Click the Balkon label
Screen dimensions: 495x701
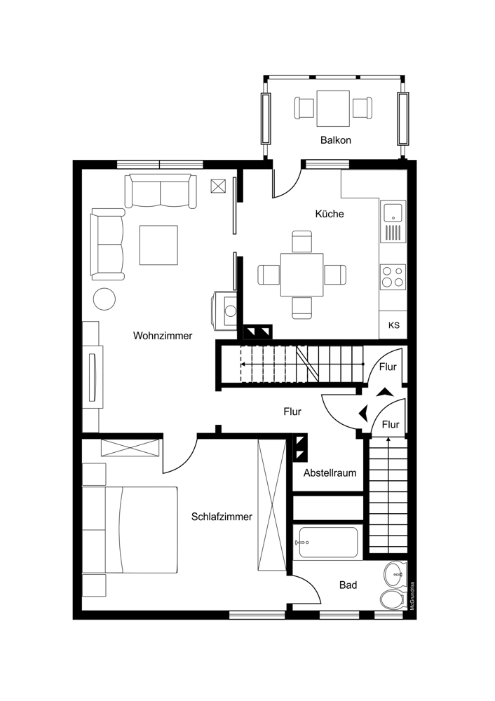[x=335, y=140]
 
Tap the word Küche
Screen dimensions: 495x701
[x=330, y=214]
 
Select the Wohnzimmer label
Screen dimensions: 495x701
[x=163, y=335]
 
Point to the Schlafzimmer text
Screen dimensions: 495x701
[x=222, y=517]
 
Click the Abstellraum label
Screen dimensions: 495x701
[x=330, y=472]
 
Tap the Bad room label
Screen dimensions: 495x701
[x=348, y=585]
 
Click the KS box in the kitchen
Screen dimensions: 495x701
[x=393, y=325]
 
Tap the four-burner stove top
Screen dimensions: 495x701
[x=393, y=276]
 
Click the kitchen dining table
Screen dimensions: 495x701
[x=301, y=275]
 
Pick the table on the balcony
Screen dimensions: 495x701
[x=333, y=109]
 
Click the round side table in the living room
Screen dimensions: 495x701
[x=104, y=299]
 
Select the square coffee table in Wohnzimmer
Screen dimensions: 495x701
[x=158, y=245]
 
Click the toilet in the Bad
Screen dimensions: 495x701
[x=392, y=599]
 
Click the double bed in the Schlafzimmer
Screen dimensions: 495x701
[x=130, y=530]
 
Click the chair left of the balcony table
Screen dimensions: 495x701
[x=304, y=108]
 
